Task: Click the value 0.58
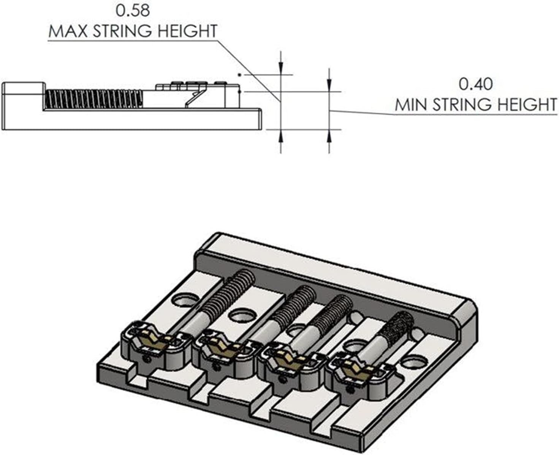pos(133,10)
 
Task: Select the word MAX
pos(68,31)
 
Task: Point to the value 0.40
pos(475,84)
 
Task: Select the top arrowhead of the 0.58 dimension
pos(280,69)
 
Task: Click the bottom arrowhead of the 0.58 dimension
pos(280,135)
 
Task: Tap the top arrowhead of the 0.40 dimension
pos(329,86)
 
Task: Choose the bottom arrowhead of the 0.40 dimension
pos(329,135)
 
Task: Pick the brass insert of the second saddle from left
pos(220,348)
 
